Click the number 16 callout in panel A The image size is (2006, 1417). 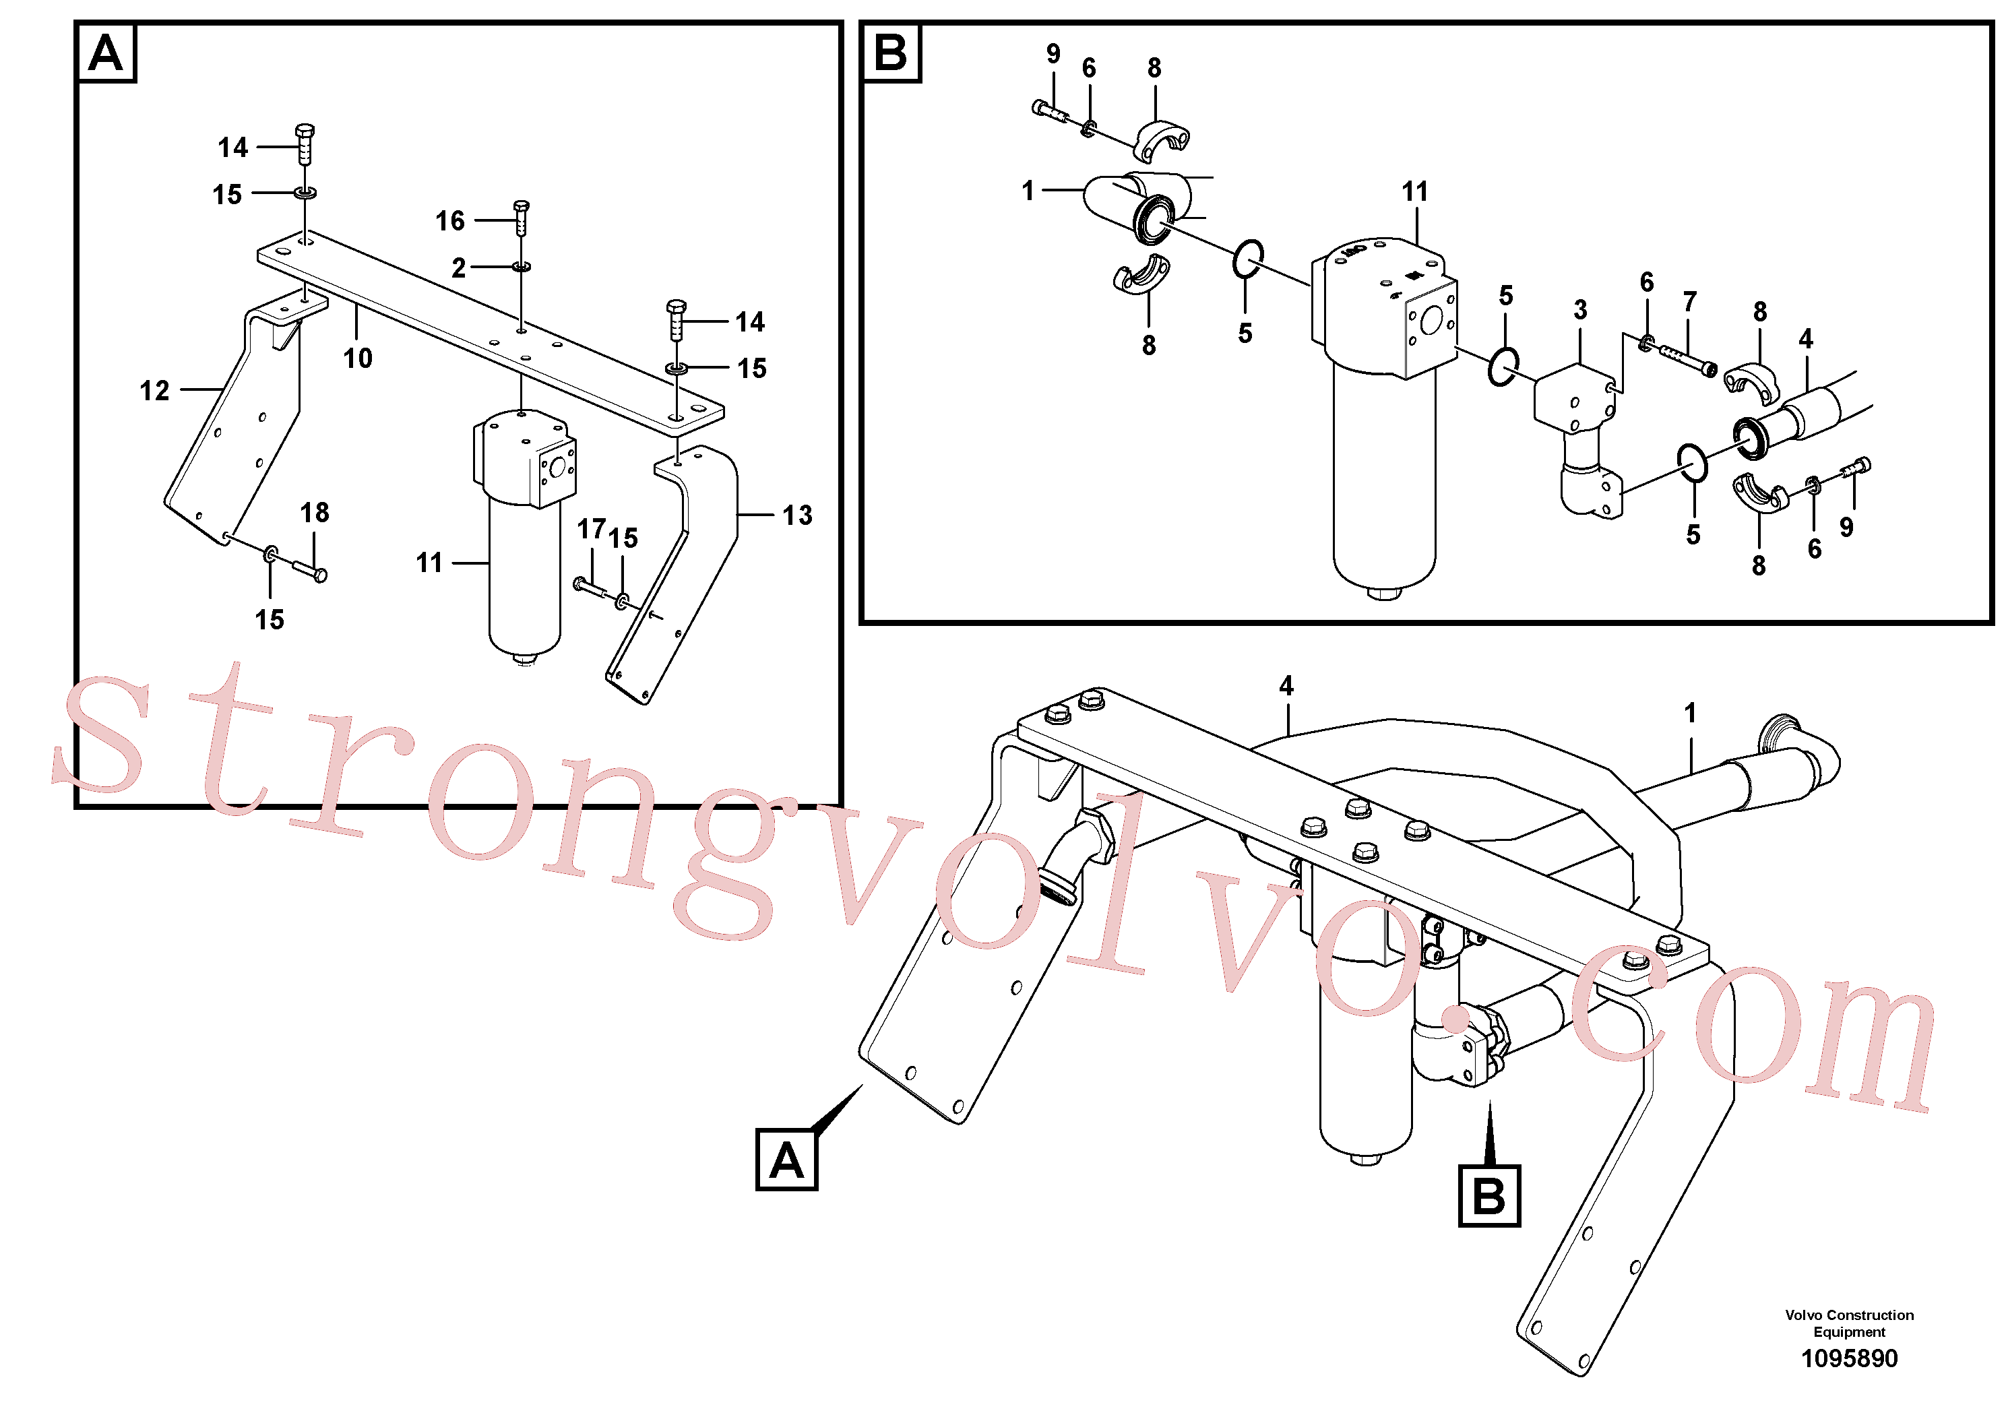(x=450, y=221)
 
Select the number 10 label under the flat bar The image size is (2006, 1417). (x=357, y=358)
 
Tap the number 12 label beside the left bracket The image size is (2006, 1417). (x=154, y=391)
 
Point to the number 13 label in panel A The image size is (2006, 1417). (x=797, y=515)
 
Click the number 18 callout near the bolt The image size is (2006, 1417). (x=315, y=513)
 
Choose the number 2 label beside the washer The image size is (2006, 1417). (x=459, y=268)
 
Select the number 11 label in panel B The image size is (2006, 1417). (x=1414, y=192)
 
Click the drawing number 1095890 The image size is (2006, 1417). (x=1850, y=1358)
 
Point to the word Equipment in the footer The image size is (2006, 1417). (x=1850, y=1332)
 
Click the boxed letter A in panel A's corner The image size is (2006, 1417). (x=106, y=53)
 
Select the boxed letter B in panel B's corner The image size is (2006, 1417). (x=890, y=53)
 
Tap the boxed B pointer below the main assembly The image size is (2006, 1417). (x=1490, y=1196)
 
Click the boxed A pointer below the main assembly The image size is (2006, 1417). (x=786, y=1160)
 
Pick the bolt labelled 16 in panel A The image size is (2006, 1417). (x=522, y=217)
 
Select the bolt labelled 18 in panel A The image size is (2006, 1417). (x=310, y=571)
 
